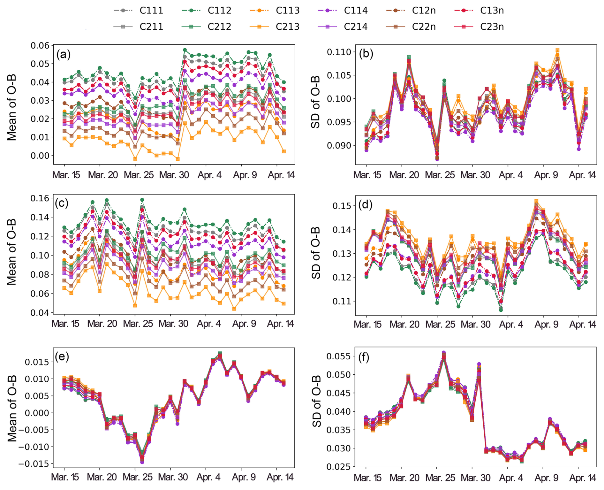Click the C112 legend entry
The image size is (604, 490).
pyautogui.click(x=219, y=11)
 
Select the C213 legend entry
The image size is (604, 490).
pyautogui.click(x=287, y=27)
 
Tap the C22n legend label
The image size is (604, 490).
pyautogui.click(x=424, y=27)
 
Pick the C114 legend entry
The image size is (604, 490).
pyautogui.click(x=356, y=11)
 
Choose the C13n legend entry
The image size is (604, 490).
pyautogui.click(x=492, y=11)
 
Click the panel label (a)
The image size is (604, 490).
pyautogui.click(x=63, y=54)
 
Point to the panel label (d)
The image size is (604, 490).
pyautogui.click(x=366, y=204)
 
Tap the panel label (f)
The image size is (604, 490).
pyautogui.click(x=364, y=357)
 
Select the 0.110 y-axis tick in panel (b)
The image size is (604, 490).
pyautogui.click(x=339, y=52)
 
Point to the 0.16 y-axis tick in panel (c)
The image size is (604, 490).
pyautogui.click(x=40, y=198)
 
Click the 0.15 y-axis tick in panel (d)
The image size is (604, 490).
pyautogui.click(x=341, y=206)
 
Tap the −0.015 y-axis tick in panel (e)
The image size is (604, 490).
pyautogui.click(x=35, y=464)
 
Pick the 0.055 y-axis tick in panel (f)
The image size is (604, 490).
pyautogui.click(x=339, y=356)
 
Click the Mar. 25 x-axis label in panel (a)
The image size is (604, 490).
pyautogui.click(x=139, y=175)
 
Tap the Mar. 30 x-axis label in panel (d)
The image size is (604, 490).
pyautogui.click(x=475, y=325)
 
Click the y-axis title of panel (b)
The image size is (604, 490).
pyautogui.click(x=315, y=102)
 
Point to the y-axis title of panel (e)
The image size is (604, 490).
pyautogui.click(x=12, y=408)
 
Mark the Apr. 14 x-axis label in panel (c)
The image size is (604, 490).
pyautogui.click(x=280, y=324)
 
